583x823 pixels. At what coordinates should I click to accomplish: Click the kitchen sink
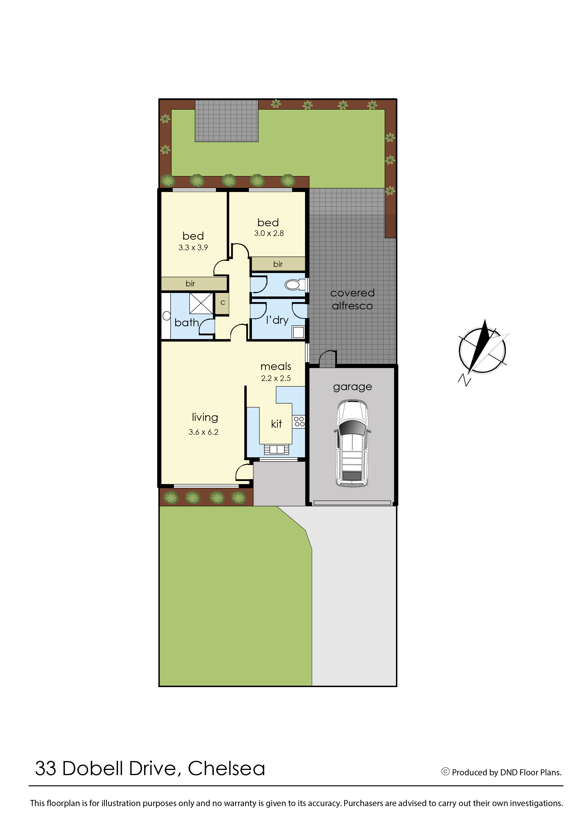click(276, 449)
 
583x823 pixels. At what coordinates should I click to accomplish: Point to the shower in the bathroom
click(201, 304)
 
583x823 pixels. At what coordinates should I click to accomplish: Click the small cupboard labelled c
click(222, 303)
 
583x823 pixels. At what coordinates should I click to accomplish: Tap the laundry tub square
click(298, 332)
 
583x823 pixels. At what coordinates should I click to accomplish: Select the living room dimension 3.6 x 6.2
click(203, 432)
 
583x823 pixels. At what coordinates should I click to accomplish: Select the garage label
click(352, 387)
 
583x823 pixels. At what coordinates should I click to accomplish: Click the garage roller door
click(352, 503)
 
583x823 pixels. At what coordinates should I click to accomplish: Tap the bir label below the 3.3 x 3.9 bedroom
click(190, 283)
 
